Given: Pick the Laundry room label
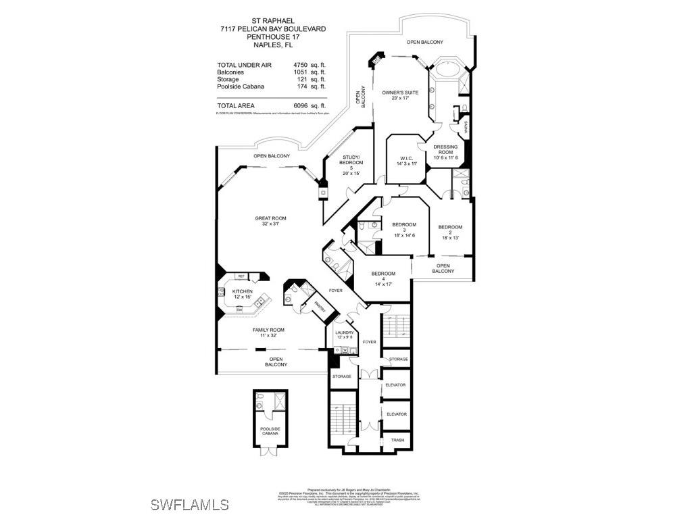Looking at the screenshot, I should click(343, 334).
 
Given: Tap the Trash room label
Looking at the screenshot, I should click(398, 440).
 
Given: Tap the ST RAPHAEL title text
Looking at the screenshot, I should click(272, 20).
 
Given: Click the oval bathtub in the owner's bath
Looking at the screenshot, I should click(446, 70).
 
